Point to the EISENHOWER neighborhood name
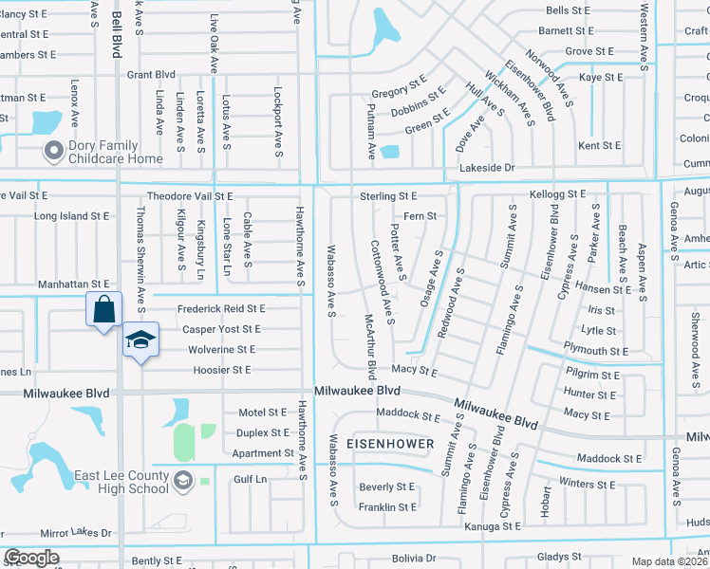pyautogui.click(x=389, y=444)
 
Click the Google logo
pyautogui.click(x=31, y=558)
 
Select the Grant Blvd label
pyautogui.click(x=152, y=74)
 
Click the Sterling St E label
pyautogui.click(x=388, y=195)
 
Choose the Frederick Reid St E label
pyautogui.click(x=222, y=309)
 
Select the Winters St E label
pyautogui.click(x=589, y=485)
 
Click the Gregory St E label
pyautogui.click(x=400, y=93)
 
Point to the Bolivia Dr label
pyautogui.click(x=410, y=558)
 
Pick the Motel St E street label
pyautogui.click(x=262, y=413)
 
